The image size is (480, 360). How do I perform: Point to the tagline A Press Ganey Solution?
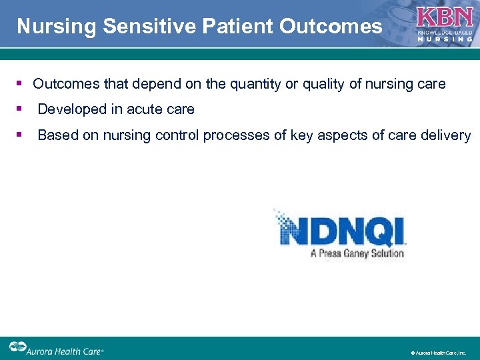pos(357,253)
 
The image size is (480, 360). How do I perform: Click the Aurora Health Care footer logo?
pos(56,349)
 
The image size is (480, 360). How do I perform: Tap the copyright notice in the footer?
pos(438,352)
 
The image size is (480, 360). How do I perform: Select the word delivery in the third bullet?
pos(447,135)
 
